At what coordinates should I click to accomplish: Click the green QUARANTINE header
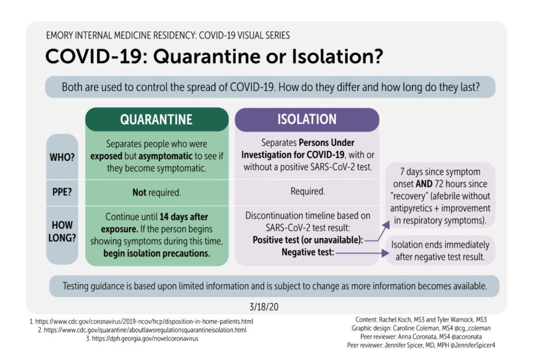pos(156,119)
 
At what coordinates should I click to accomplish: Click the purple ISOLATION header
pos(307,119)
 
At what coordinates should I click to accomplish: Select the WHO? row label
pos(62,157)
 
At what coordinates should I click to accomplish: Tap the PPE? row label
pos(62,191)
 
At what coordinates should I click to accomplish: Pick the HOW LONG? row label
pos(62,232)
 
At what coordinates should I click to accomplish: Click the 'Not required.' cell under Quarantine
pos(156,192)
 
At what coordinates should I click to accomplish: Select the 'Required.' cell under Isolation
pos(307,191)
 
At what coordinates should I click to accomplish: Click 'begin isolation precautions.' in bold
pos(156,254)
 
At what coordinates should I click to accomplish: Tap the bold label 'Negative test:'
pos(307,252)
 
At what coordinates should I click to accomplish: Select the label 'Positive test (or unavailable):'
pos(308,240)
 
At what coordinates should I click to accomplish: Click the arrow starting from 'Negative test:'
pos(359,253)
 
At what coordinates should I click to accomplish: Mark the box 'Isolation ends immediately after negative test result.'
pos(440,250)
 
